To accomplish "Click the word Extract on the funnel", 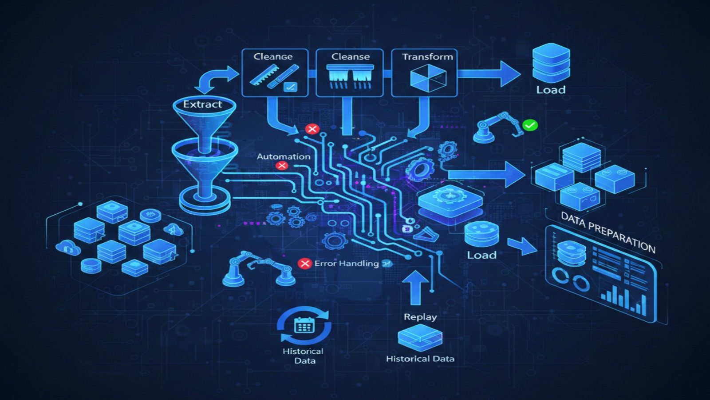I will coord(202,104).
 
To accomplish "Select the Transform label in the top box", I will coord(427,57).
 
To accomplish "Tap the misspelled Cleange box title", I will coord(273,57).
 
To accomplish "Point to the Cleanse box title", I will coord(350,57).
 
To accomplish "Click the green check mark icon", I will coord(530,125).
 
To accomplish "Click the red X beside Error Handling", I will coord(305,264).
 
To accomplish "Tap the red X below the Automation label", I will coord(282,166).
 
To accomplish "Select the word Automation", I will coord(284,156).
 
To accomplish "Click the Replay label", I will coord(420,317).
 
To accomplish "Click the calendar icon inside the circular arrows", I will coord(304,325).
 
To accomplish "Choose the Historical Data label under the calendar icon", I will coord(304,356).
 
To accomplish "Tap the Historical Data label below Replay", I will coord(420,359).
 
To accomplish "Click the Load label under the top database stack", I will coord(551,90).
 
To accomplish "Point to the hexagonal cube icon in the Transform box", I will coord(428,78).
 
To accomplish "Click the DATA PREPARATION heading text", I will coord(607,232).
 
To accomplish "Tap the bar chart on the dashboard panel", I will coord(623,297).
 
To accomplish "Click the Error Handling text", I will coord(347,264).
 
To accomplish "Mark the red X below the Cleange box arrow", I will coord(312,129).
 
